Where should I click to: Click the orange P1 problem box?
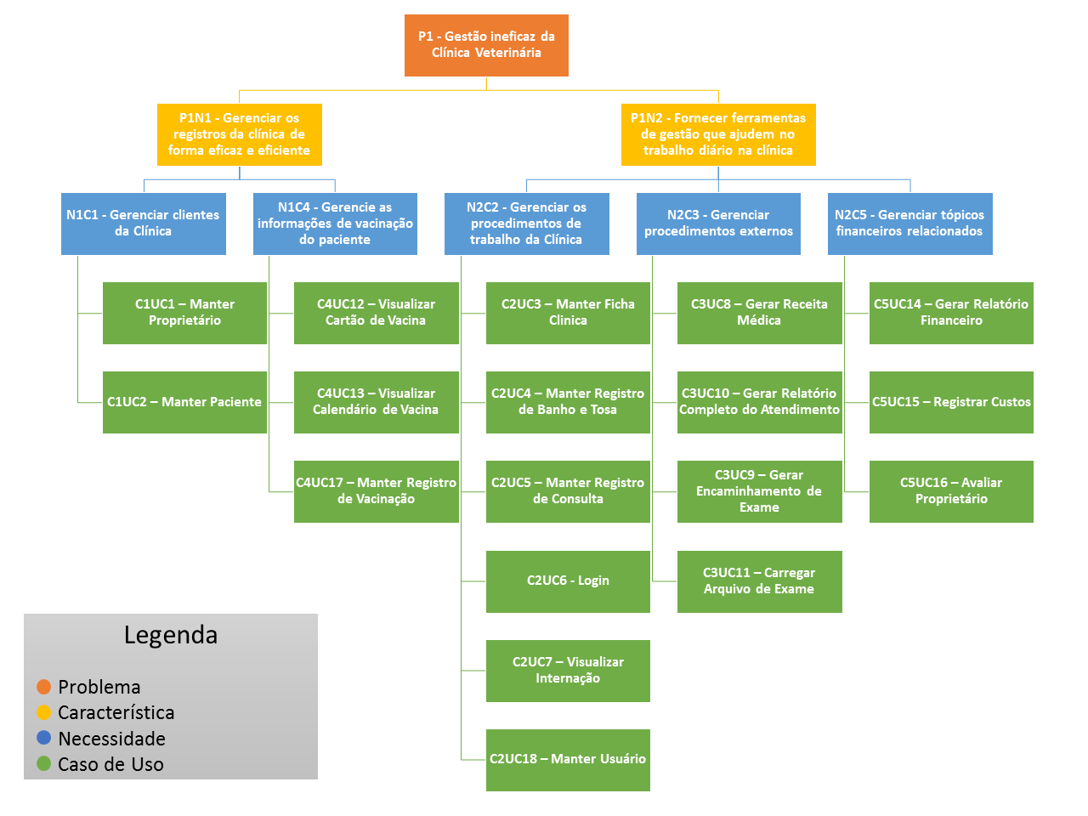pos(486,45)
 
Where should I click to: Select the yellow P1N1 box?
pos(239,134)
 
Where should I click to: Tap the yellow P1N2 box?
pos(718,134)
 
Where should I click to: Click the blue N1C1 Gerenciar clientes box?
pos(143,224)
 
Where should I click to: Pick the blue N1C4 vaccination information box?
pos(335,224)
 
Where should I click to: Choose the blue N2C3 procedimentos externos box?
pos(718,224)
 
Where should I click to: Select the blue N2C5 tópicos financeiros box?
pos(909,224)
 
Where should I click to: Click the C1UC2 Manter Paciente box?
pos(184,402)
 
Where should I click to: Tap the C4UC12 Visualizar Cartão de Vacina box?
pos(376,313)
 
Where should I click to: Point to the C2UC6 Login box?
pos(568,581)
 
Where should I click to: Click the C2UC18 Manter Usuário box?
pos(568,759)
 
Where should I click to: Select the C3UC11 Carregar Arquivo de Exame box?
pos(759,581)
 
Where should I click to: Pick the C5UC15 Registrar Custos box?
pos(951,402)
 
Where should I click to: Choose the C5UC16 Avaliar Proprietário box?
pos(951,491)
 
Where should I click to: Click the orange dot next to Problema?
pos(44,687)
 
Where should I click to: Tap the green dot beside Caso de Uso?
pos(44,763)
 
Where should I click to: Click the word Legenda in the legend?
pos(170,635)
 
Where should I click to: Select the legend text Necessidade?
pos(111,739)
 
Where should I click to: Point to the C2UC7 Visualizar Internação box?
pos(568,670)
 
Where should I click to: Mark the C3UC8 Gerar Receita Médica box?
pos(759,313)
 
